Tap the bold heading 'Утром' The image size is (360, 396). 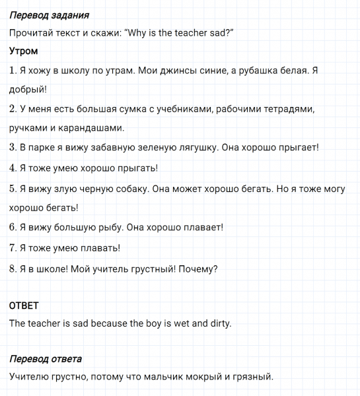(x=24, y=51)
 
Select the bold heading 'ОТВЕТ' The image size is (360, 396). (x=24, y=306)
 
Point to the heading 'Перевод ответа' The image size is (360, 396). (x=46, y=359)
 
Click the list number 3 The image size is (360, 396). (x=13, y=147)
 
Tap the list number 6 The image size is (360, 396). (x=13, y=228)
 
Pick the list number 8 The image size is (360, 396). (x=13, y=269)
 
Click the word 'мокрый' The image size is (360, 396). (x=197, y=377)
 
